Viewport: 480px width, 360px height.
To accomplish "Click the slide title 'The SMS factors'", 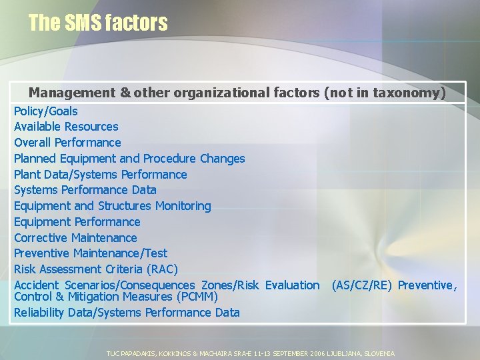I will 98,23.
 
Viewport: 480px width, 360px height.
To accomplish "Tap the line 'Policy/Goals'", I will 46,111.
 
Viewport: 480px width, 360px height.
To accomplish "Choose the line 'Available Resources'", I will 66,127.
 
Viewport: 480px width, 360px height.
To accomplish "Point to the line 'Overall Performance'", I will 67,143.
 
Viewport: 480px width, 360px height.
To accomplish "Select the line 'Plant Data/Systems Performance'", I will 101,175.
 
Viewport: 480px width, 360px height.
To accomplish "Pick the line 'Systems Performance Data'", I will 85,190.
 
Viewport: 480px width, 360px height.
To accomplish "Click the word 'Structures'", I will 125,206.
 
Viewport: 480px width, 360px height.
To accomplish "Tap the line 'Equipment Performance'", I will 77,222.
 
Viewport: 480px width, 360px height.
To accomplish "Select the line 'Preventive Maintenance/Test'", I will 91,253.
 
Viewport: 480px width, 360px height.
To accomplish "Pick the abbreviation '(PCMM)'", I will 197,296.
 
